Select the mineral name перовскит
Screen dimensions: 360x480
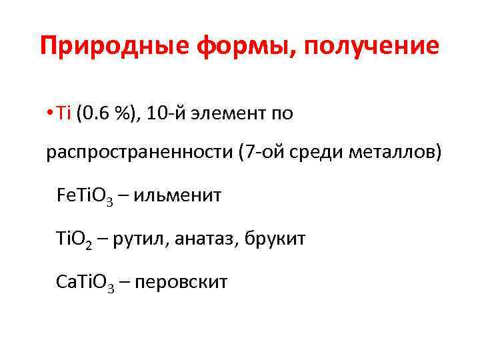pyautogui.click(x=181, y=283)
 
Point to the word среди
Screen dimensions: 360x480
pyautogui.click(x=319, y=153)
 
